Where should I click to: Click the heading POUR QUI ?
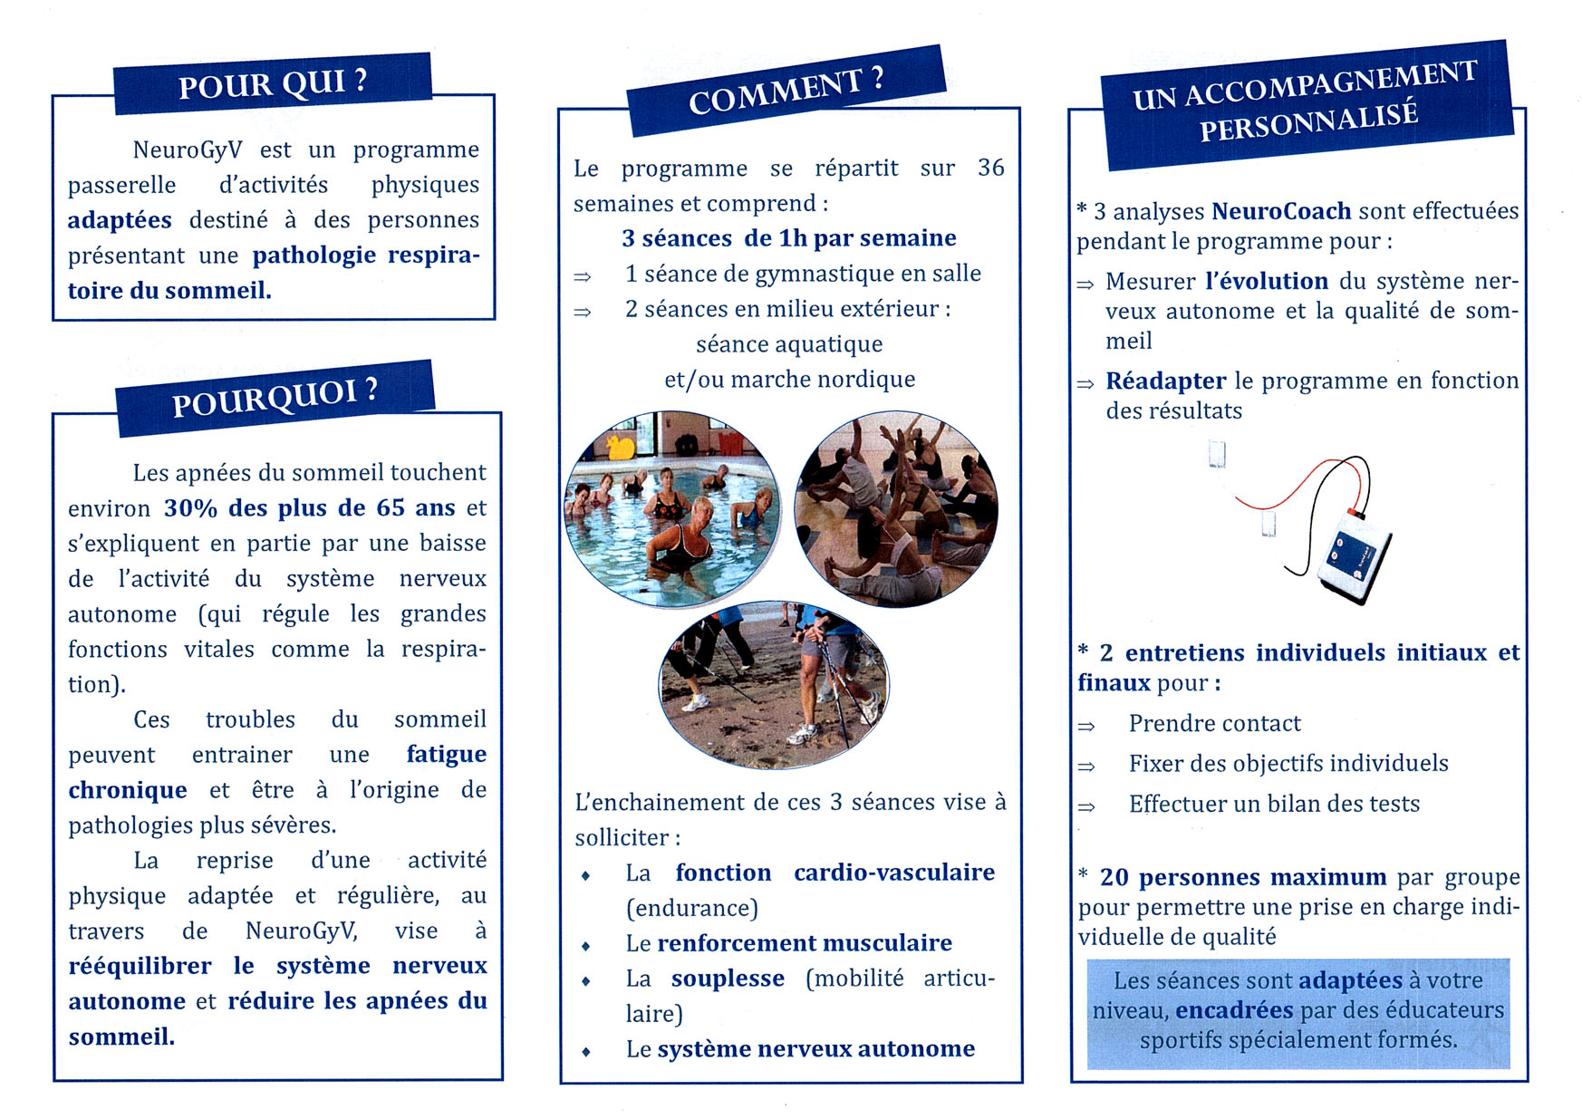tap(272, 83)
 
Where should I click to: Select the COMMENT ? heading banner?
tap(786, 91)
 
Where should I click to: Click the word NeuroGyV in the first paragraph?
tap(188, 150)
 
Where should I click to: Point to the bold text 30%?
tap(190, 507)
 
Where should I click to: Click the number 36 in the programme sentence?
tap(990, 168)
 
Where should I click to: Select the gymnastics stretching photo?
tap(895, 510)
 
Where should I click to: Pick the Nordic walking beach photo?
tap(773, 685)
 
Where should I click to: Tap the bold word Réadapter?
tap(1165, 381)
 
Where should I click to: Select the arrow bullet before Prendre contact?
tap(1086, 726)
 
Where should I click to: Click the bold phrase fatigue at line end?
tap(446, 755)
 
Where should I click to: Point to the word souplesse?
tap(728, 979)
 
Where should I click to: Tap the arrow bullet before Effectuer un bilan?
tap(1086, 805)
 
